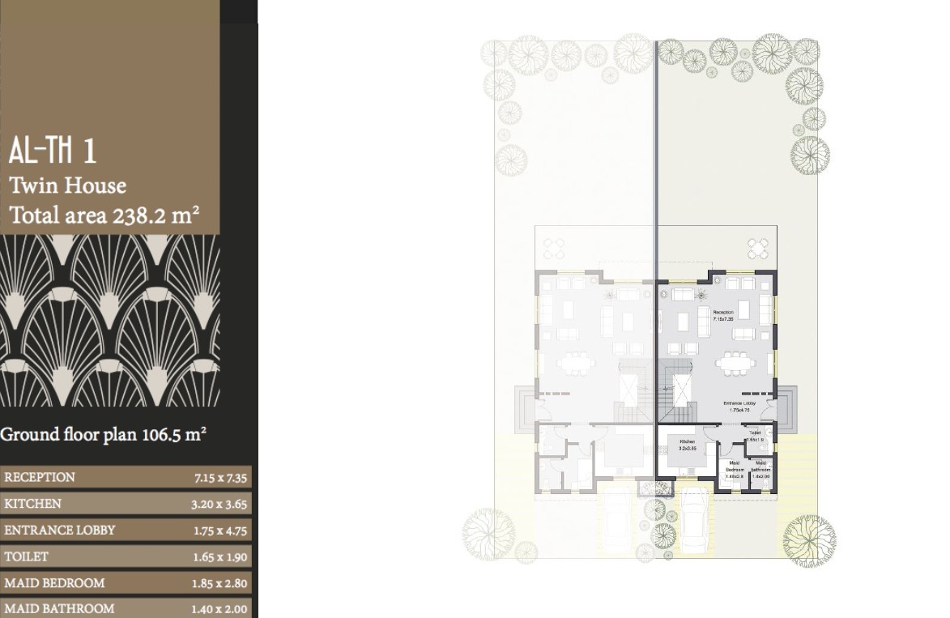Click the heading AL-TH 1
pyautogui.click(x=53, y=152)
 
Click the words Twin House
pyautogui.click(x=68, y=185)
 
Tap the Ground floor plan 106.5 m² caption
pyautogui.click(x=103, y=434)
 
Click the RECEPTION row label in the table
pyautogui.click(x=40, y=477)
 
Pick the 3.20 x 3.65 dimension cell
pyautogui.click(x=219, y=505)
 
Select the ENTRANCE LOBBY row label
pyautogui.click(x=60, y=531)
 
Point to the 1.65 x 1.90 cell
pyautogui.click(x=219, y=557)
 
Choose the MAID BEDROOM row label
pyautogui.click(x=54, y=583)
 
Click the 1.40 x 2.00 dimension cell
pyautogui.click(x=219, y=609)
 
